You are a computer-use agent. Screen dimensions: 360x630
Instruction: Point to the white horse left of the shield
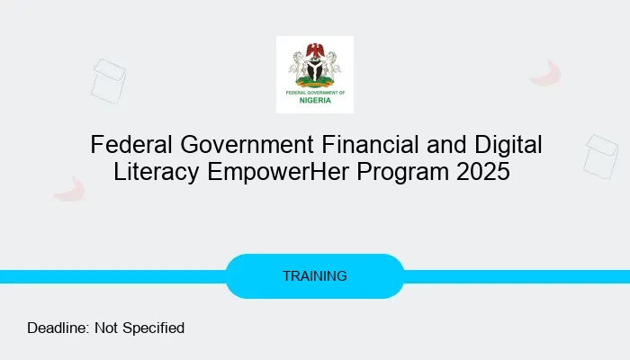[298, 67]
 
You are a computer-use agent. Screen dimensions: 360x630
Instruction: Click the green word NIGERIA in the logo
[315, 100]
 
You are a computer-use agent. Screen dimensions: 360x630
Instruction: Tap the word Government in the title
[237, 145]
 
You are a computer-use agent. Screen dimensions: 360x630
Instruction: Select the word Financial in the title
[370, 145]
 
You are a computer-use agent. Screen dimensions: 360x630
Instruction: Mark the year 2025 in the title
[483, 172]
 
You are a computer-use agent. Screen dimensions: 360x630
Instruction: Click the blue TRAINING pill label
[315, 276]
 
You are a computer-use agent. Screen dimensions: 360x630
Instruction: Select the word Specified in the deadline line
[154, 328]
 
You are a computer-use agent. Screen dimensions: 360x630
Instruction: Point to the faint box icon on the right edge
[600, 156]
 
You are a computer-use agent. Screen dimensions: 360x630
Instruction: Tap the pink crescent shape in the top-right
[547, 74]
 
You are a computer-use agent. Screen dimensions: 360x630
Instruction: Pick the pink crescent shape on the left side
[68, 189]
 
